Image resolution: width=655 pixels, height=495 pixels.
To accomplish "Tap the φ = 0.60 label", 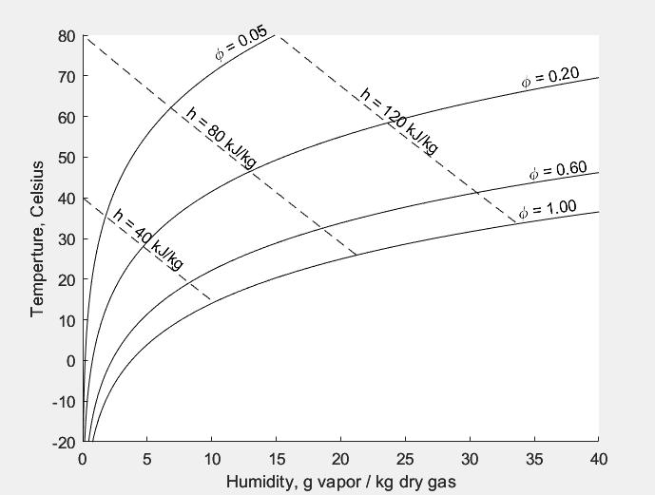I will [x=558, y=171].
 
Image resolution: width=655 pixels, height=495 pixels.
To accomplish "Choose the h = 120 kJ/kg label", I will [x=400, y=120].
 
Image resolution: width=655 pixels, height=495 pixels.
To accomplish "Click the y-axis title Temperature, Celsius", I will [x=38, y=238].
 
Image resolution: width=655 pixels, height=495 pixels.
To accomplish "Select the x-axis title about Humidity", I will [x=340, y=482].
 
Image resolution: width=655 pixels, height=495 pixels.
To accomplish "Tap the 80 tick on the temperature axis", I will [x=66, y=36].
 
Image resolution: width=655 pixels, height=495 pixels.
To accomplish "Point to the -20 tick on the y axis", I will [x=63, y=442].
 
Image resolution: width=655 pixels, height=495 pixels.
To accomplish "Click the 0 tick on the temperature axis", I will [x=69, y=361].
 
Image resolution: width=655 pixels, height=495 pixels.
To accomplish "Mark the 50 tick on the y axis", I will [x=66, y=158].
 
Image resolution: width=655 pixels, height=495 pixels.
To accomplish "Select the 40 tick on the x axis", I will [x=598, y=459].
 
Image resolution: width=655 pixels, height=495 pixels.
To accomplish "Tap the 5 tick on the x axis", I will [x=147, y=459].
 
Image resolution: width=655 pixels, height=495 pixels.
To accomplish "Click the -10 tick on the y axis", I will [x=63, y=402].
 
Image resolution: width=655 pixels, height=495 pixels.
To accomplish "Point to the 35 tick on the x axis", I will [x=533, y=459].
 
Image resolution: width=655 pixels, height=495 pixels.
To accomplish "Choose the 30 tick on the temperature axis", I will [x=66, y=239].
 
